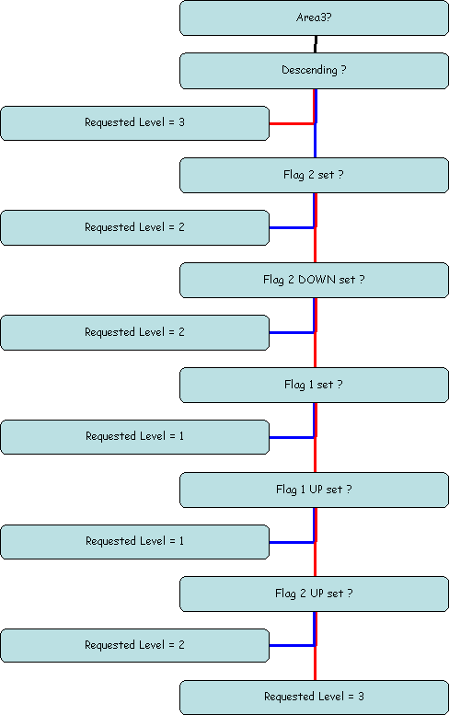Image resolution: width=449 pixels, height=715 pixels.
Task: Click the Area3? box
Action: (x=314, y=17)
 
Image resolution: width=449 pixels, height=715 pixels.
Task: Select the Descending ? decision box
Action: (x=314, y=71)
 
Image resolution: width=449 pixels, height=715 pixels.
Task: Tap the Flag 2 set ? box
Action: (x=314, y=175)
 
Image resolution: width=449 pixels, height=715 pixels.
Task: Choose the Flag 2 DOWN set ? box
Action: (x=314, y=280)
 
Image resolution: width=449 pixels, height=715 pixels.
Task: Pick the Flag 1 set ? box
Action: (x=314, y=385)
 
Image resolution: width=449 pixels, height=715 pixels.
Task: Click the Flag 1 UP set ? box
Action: (x=314, y=490)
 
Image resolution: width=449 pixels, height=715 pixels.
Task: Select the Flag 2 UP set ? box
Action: (x=314, y=594)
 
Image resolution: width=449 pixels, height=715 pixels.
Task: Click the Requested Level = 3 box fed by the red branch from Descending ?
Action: (x=135, y=123)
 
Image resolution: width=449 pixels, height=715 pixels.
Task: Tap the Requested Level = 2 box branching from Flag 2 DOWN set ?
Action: (x=135, y=332)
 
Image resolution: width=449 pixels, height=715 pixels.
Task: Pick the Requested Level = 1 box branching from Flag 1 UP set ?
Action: (x=135, y=542)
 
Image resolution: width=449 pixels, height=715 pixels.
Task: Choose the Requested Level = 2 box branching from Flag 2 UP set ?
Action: (x=135, y=645)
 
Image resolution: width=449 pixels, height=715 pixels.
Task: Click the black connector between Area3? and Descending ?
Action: (x=316, y=44)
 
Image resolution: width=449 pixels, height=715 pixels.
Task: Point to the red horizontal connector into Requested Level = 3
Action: (x=292, y=123)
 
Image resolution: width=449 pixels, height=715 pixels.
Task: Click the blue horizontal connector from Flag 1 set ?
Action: (x=292, y=437)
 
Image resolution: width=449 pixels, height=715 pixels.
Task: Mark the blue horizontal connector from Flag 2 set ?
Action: (x=292, y=227)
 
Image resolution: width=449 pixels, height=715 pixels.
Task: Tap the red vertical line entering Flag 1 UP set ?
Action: (x=316, y=456)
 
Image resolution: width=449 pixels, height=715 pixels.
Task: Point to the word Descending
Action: (x=309, y=70)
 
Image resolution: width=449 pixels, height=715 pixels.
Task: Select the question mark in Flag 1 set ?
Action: (x=340, y=385)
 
